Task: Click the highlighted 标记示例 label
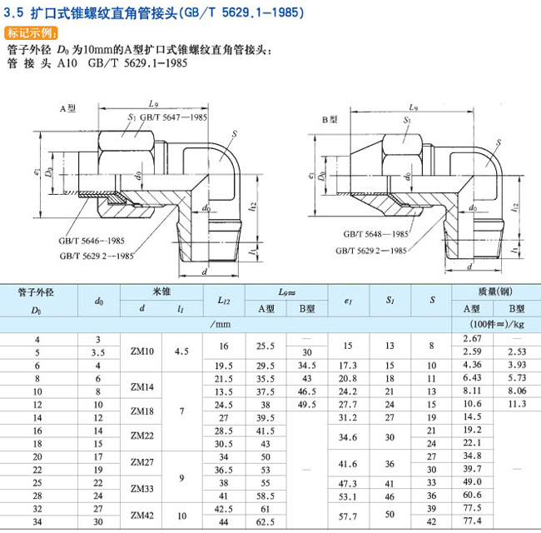click(x=32, y=33)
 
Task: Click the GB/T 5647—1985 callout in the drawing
click(x=173, y=118)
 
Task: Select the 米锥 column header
click(x=161, y=291)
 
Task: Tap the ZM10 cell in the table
click(x=143, y=352)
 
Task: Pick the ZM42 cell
click(x=143, y=515)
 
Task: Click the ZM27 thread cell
click(x=143, y=461)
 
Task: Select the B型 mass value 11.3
click(x=518, y=404)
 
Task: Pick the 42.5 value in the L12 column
click(x=224, y=508)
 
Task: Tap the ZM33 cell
click(x=143, y=488)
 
